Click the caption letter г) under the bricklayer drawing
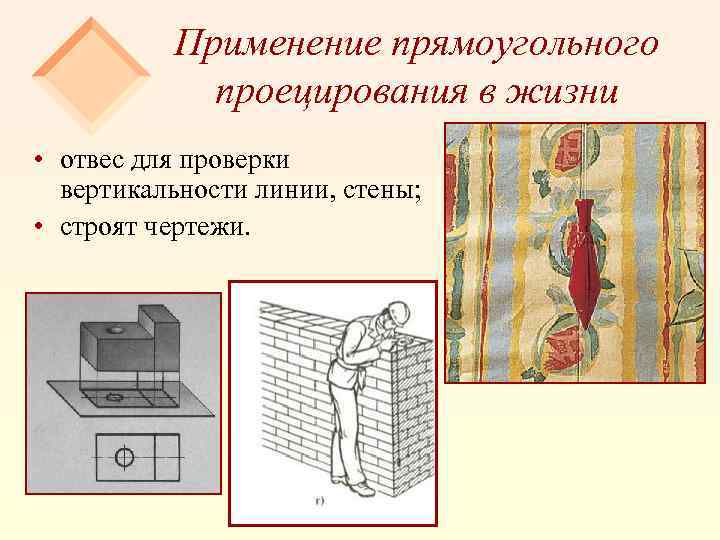tap(319, 500)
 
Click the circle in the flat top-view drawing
tap(124, 458)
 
